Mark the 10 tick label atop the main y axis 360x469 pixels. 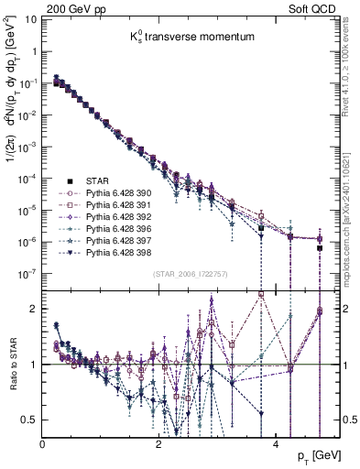[x=28, y=17]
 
